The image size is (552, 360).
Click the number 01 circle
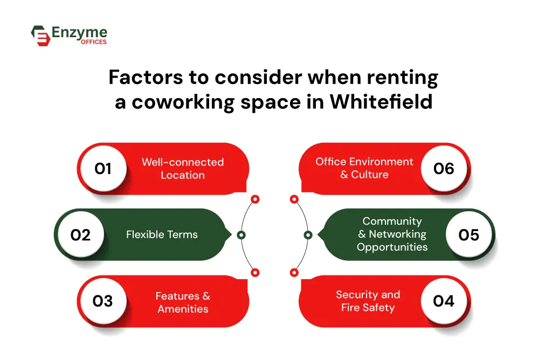[103, 169]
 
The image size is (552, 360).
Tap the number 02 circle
[81, 235]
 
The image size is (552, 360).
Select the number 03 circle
[103, 301]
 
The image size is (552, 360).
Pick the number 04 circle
[444, 301]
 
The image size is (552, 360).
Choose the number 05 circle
[469, 235]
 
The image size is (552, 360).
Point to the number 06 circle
[444, 169]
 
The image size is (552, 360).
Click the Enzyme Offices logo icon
[40, 36]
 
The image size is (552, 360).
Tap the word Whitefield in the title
[381, 102]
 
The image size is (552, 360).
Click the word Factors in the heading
[146, 77]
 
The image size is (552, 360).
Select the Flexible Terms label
[162, 234]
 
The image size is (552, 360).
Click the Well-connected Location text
[183, 169]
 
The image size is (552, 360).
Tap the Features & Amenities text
[183, 302]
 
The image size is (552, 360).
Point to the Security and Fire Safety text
[368, 301]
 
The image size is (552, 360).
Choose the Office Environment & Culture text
[364, 168]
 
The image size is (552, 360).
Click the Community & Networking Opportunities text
[392, 234]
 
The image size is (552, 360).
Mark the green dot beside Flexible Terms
[241, 235]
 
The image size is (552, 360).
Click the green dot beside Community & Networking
[308, 235]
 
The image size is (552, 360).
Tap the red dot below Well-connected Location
[255, 199]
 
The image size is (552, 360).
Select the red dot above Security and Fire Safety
[294, 272]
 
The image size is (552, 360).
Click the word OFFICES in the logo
[94, 42]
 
